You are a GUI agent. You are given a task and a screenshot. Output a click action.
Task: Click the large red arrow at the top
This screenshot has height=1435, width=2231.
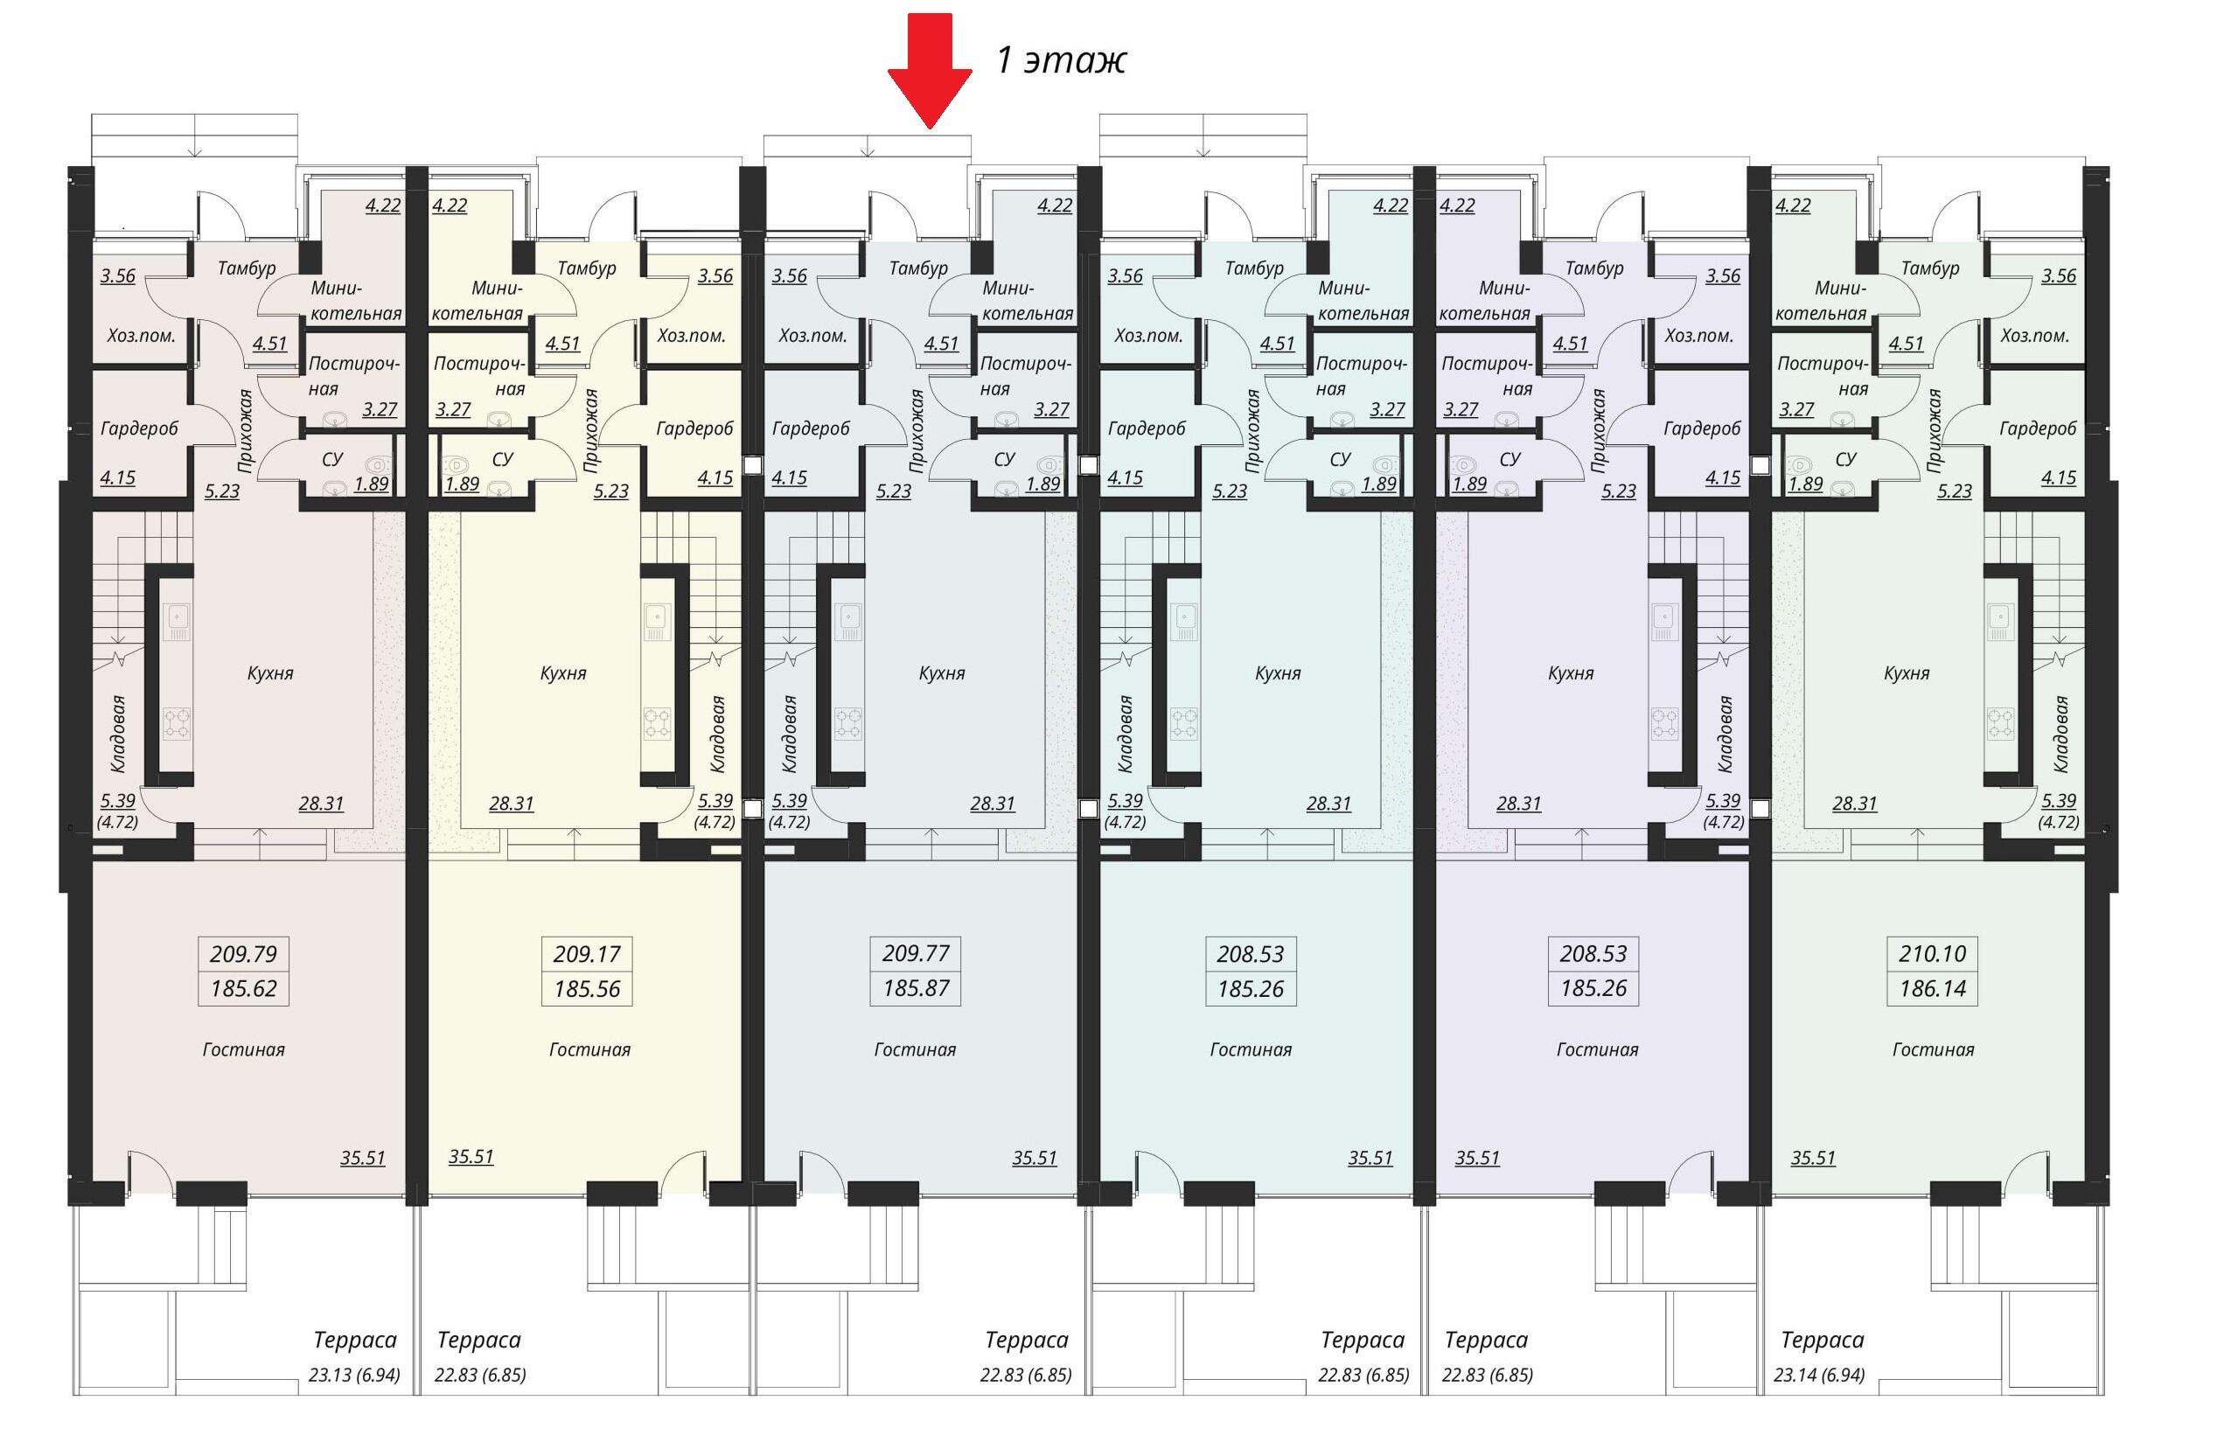928,71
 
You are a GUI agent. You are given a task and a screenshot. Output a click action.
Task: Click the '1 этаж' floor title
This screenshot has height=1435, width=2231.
1062,59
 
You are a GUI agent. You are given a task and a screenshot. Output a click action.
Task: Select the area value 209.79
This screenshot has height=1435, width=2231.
243,953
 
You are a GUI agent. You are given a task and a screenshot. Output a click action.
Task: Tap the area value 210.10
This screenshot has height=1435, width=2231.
1933,953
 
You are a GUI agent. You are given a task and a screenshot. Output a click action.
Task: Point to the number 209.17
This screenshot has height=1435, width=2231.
587,953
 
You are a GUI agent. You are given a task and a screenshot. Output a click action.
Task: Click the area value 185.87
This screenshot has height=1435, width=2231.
916,988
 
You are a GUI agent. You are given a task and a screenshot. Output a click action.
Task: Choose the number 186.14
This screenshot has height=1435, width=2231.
1933,988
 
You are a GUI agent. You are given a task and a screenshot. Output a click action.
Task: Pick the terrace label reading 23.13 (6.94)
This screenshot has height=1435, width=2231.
354,1376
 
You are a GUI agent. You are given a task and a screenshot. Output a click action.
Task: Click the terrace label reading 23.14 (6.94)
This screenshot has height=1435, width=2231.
1819,1376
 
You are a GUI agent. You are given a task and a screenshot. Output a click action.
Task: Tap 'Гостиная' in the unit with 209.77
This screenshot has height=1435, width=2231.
915,1049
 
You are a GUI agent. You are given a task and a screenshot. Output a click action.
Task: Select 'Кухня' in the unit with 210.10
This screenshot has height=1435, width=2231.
1906,672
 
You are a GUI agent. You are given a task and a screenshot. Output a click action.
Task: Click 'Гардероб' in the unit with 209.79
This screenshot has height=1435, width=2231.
139,428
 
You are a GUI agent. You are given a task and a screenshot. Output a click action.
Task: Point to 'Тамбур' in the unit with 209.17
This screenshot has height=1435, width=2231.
587,268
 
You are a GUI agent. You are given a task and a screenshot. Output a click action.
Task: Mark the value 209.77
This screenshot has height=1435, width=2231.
916,953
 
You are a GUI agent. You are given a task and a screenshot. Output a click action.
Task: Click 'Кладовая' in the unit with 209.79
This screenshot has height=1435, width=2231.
118,734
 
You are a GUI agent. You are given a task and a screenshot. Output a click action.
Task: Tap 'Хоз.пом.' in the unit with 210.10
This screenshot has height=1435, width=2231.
2034,336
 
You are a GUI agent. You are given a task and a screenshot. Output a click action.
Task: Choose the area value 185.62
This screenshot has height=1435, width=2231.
243,988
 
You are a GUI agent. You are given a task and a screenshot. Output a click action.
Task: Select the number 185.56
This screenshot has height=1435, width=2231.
587,988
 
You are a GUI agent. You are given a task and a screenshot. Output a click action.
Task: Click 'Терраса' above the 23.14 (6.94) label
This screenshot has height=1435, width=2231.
1823,1340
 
